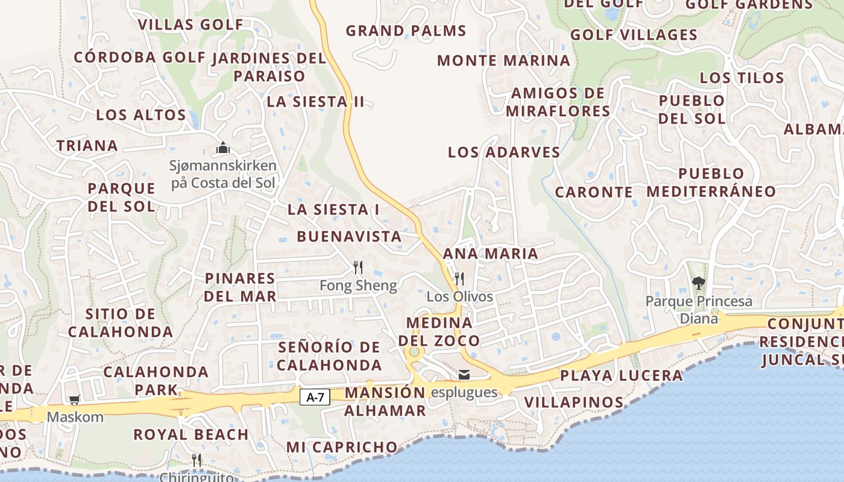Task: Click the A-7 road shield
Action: point(315,397)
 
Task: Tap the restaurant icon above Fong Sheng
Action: point(358,267)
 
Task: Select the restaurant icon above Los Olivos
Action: point(459,278)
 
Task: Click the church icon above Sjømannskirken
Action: point(223,148)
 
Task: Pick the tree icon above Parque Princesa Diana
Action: point(698,282)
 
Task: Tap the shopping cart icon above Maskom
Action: point(75,399)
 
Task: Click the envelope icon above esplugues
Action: point(464,375)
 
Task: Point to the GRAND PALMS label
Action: point(406,31)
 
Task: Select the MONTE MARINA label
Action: point(503,60)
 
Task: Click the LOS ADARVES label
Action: point(504,152)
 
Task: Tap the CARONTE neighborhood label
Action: point(594,192)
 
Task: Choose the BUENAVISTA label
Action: point(349,236)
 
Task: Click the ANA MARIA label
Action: point(490,253)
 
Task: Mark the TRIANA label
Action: point(87,145)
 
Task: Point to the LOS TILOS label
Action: point(742,78)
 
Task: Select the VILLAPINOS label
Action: point(573,402)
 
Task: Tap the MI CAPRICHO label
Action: point(342,447)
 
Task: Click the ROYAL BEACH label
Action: point(191,434)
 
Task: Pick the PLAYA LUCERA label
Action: point(621,376)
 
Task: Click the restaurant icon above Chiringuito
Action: point(196,460)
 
